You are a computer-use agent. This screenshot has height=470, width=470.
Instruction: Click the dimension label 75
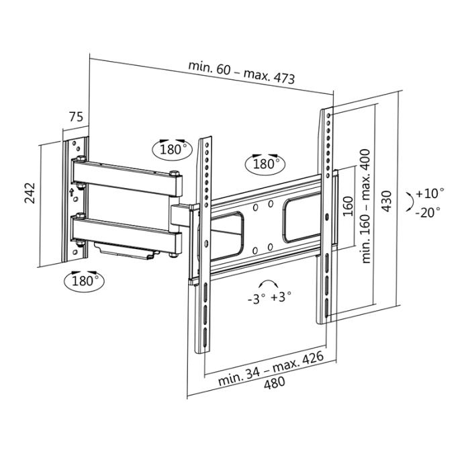[76, 117]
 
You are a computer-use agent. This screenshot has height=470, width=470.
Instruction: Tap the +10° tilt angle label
[429, 193]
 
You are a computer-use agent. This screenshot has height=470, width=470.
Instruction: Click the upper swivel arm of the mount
[128, 176]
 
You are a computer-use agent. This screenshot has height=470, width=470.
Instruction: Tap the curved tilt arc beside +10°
[409, 202]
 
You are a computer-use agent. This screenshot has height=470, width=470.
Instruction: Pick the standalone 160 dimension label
[347, 205]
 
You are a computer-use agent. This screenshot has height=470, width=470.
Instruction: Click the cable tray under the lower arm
[128, 252]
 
